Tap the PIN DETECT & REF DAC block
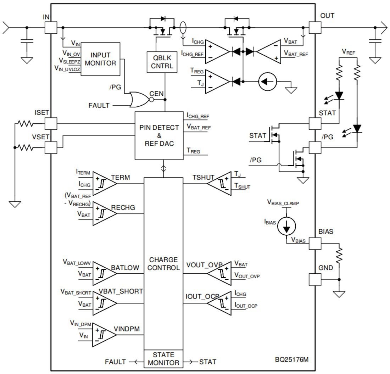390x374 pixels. (160, 135)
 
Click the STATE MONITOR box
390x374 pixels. (163, 359)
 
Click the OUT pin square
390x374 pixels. (315, 27)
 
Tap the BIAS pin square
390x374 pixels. (315, 243)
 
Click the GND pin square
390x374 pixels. (315, 279)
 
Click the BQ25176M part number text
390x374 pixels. (292, 359)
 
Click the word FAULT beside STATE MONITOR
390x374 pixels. (115, 362)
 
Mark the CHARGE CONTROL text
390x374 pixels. (163, 264)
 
